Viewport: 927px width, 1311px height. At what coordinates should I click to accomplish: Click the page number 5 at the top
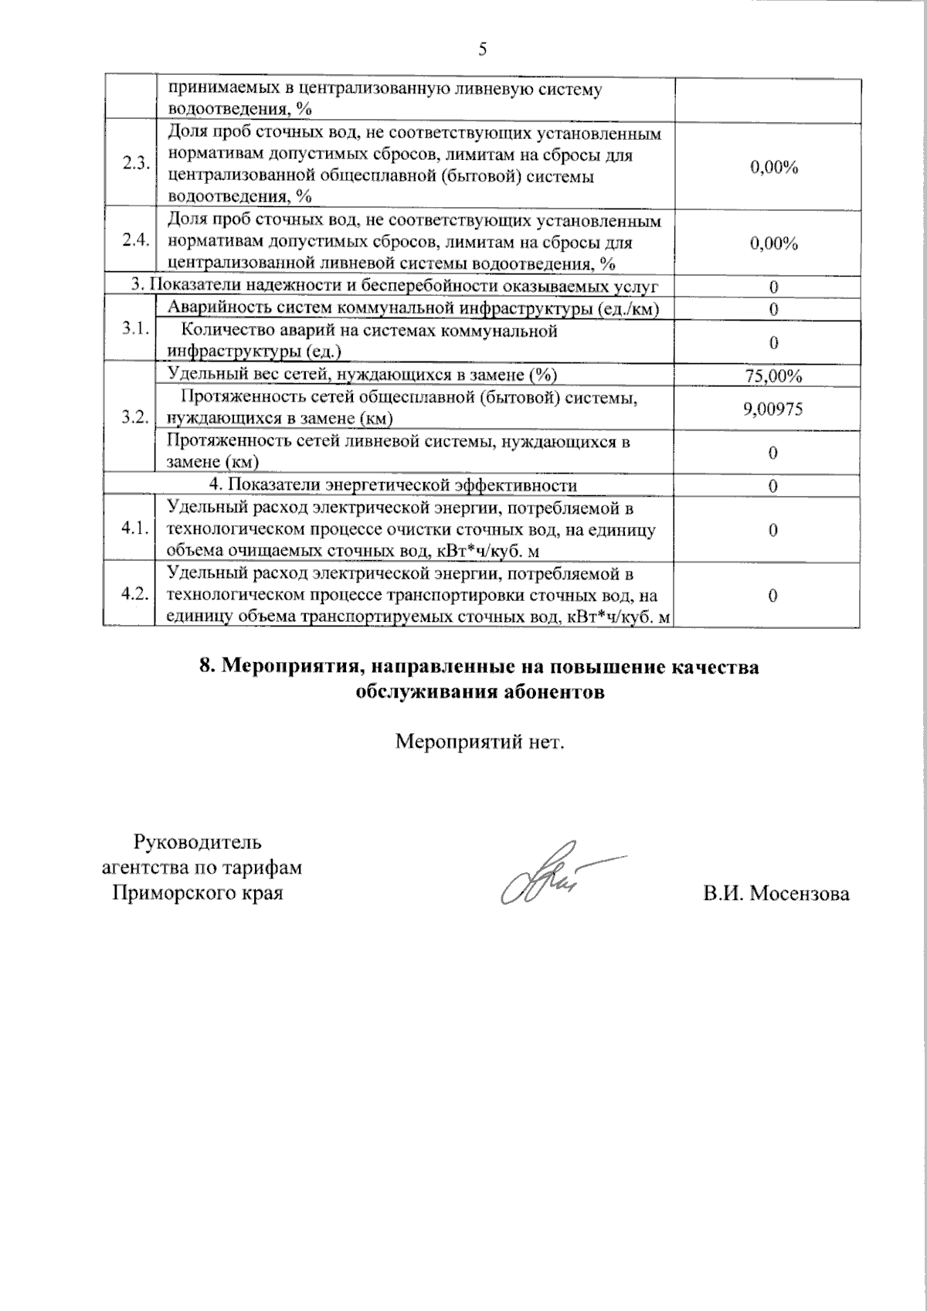pos(483,49)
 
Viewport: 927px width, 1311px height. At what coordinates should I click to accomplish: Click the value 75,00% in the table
pos(772,376)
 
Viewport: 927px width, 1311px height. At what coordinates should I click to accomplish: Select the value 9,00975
pos(772,409)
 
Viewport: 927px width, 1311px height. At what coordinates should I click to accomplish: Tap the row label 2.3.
pos(135,164)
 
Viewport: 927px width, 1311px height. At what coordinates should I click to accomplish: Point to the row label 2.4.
pos(135,240)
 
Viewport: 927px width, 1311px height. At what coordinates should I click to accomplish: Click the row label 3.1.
pos(135,330)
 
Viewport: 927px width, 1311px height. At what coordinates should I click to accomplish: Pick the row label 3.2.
pos(135,417)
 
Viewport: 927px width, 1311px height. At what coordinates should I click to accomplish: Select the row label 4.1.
pos(135,529)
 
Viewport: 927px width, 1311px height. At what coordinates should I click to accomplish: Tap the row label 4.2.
pos(135,594)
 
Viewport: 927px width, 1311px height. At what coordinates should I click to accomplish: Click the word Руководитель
pos(198,841)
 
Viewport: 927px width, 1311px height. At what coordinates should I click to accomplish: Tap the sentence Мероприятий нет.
pos(480,742)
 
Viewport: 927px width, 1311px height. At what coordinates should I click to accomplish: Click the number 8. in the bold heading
pos(206,667)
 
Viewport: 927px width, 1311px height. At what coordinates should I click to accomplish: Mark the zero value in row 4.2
pos(772,596)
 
